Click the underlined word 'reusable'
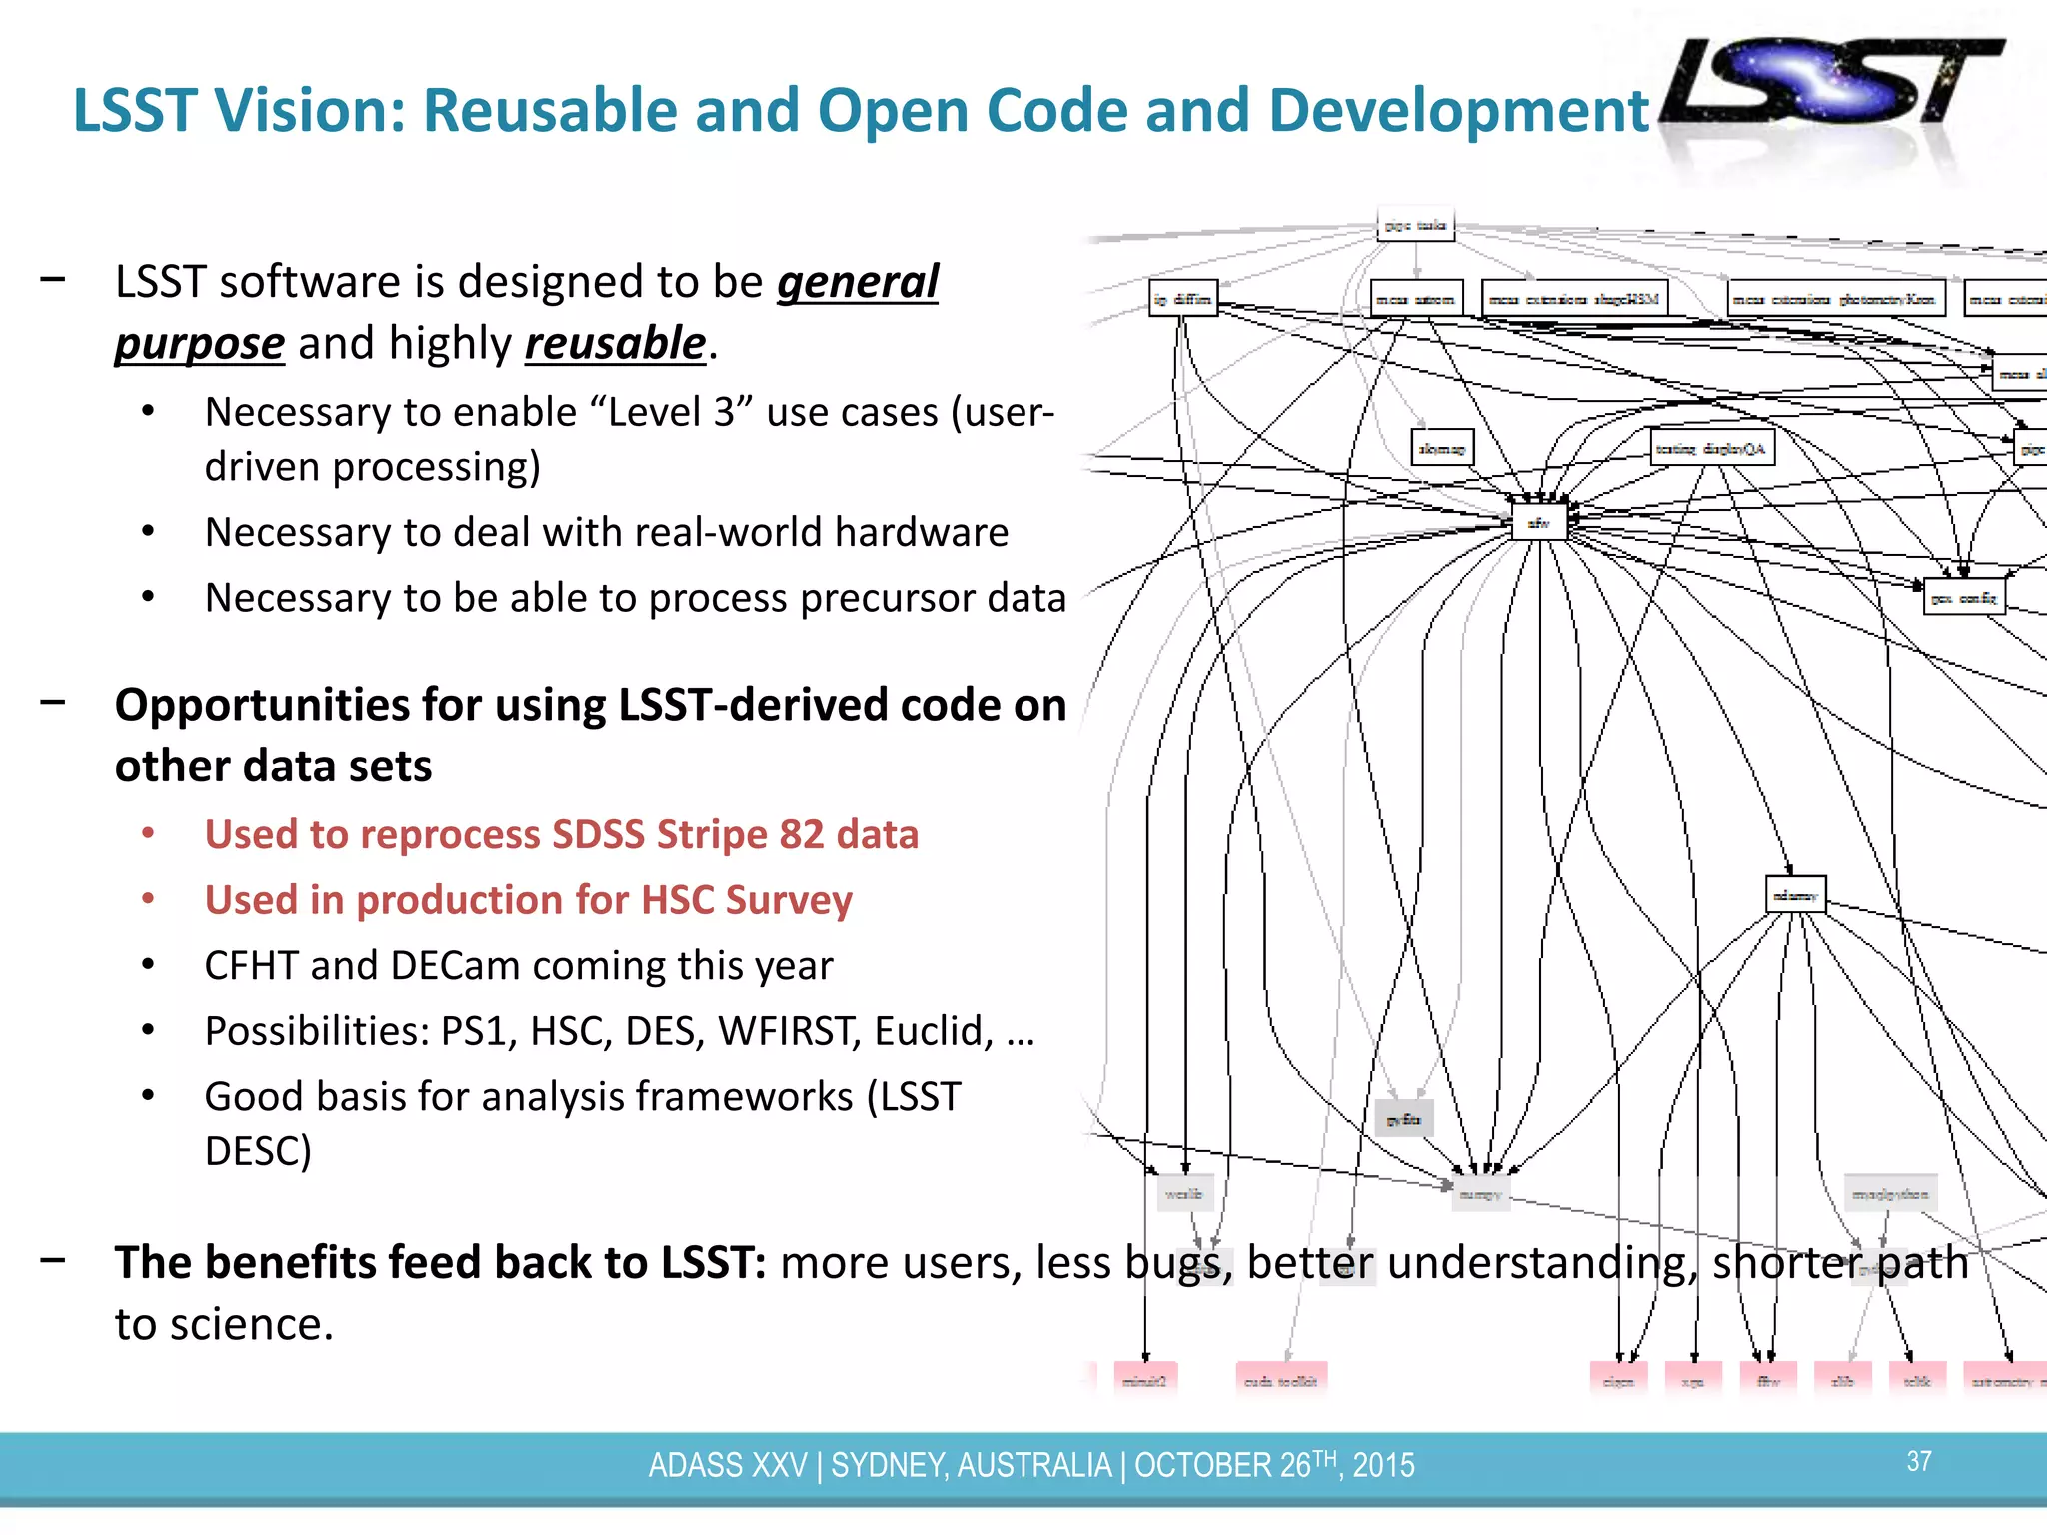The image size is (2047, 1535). (x=615, y=343)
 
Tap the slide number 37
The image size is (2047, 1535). (x=1918, y=1462)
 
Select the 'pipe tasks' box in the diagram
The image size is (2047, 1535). (x=1415, y=225)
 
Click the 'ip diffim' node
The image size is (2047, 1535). (x=1182, y=299)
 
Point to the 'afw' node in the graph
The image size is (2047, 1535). (x=1538, y=523)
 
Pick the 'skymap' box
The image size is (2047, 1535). (x=1441, y=449)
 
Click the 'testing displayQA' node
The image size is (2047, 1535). (x=1711, y=449)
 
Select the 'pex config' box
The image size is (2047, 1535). (x=1963, y=598)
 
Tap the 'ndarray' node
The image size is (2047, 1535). (x=1795, y=895)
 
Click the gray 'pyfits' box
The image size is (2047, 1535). (x=1404, y=1119)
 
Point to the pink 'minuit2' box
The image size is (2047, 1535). (x=1145, y=1380)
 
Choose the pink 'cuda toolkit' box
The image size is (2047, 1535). (x=1281, y=1380)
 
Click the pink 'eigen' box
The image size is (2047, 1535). (x=1618, y=1380)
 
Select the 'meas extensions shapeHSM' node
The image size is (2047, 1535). (x=1574, y=299)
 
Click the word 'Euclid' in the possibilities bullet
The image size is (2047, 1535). (x=934, y=1031)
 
